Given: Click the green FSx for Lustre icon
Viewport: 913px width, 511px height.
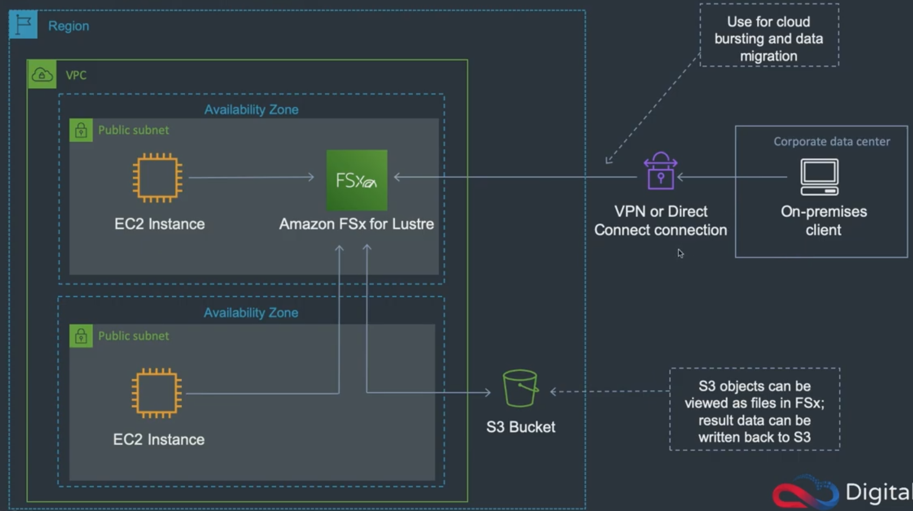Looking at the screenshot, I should point(356,180).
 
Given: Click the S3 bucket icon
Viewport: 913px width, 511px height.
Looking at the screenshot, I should point(520,388).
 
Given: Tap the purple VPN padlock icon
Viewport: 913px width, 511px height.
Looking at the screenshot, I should point(660,172).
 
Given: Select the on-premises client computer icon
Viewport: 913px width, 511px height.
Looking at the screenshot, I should point(819,176).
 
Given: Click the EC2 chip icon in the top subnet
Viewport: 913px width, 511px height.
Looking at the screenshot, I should point(157,178).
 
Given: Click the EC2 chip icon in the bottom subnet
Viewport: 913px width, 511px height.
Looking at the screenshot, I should point(156,393).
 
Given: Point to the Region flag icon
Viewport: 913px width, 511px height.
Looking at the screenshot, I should point(23,24).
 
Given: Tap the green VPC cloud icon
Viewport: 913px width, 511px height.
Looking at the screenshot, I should point(42,74).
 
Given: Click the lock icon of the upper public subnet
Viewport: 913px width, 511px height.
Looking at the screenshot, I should point(81,130).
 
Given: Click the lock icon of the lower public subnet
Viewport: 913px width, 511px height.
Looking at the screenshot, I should point(81,336).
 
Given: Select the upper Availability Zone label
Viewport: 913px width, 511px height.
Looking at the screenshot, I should point(251,110).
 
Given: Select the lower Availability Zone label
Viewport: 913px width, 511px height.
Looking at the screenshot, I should point(251,313).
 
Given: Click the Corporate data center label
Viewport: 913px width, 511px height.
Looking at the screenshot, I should point(831,142).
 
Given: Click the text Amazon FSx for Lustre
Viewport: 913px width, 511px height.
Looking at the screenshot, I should point(356,224).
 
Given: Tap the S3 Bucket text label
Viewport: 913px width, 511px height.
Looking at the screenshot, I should point(520,427).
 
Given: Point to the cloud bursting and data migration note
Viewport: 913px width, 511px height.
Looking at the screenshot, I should point(769,39).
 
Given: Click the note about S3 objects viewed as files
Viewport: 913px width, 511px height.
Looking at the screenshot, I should point(754,411).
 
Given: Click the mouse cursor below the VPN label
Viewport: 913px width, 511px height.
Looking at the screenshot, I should point(680,254).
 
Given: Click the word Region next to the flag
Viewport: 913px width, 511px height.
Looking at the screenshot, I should point(68,26).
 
